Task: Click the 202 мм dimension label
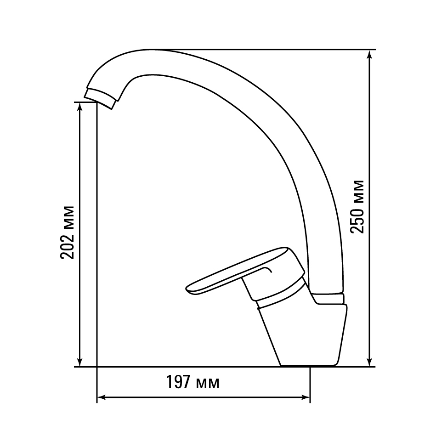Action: [67, 232]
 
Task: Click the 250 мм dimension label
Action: [357, 207]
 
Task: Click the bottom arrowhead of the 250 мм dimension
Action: [369, 361]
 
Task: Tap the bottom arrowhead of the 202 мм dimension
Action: [80, 361]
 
